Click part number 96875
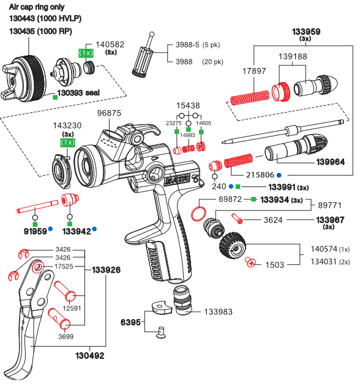click(x=110, y=114)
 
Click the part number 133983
click(x=218, y=312)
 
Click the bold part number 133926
click(x=107, y=270)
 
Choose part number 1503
click(x=274, y=265)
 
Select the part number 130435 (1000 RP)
click(x=45, y=31)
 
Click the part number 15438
click(x=189, y=106)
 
